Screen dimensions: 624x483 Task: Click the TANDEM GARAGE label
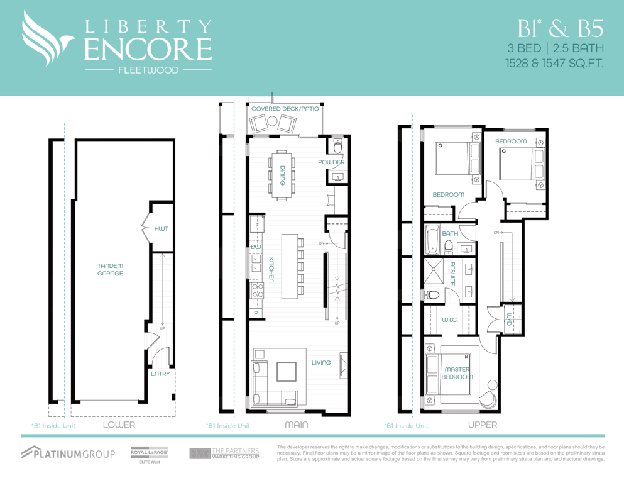110,270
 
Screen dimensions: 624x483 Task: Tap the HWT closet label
161,229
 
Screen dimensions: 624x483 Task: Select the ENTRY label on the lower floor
160,374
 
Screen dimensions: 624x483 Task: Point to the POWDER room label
331,162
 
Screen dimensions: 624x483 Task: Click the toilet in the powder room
338,146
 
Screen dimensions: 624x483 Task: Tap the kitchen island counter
289,267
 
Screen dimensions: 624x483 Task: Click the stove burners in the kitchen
256,291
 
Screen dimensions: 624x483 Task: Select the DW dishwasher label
256,247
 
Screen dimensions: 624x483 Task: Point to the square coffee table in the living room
287,371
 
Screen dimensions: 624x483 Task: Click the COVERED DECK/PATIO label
285,109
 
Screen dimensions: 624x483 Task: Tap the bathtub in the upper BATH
431,240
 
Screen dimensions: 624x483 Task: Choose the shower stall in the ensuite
434,271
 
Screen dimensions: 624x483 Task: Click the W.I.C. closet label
450,319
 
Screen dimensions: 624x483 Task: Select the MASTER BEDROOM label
457,373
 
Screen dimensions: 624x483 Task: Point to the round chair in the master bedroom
488,399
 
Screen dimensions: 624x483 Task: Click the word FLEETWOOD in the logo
148,70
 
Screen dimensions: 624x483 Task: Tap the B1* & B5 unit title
561,28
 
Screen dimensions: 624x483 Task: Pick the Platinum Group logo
68,453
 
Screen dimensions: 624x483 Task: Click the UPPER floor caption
483,425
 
